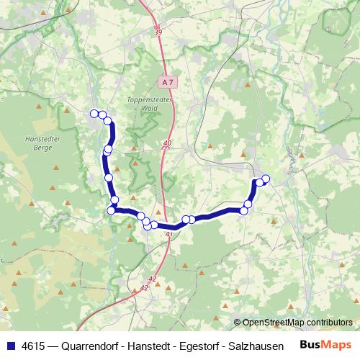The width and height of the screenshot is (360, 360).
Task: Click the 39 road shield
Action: (x=158, y=32)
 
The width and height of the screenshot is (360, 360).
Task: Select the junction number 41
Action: (x=169, y=234)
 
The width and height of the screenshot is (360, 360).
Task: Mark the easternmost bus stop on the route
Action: (x=266, y=179)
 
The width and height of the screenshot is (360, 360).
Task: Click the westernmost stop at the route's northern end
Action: (x=94, y=113)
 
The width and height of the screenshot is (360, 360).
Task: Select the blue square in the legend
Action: (x=9, y=345)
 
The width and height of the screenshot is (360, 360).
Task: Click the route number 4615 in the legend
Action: (x=35, y=345)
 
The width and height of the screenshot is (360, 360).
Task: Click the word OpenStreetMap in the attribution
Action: (x=276, y=323)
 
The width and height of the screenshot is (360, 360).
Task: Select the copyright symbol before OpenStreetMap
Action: (x=238, y=323)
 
